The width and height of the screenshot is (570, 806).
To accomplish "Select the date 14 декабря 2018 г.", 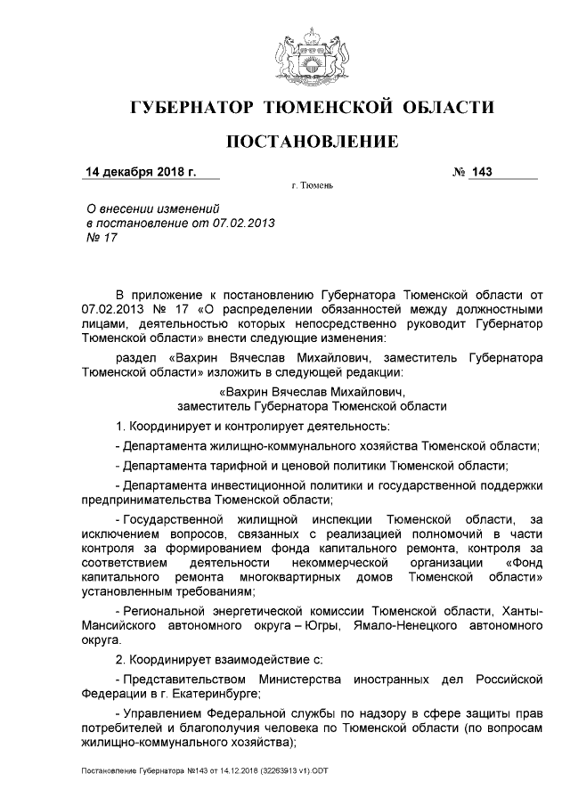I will tap(140, 171).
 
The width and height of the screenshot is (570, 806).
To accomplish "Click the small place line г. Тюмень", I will tap(312, 188).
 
